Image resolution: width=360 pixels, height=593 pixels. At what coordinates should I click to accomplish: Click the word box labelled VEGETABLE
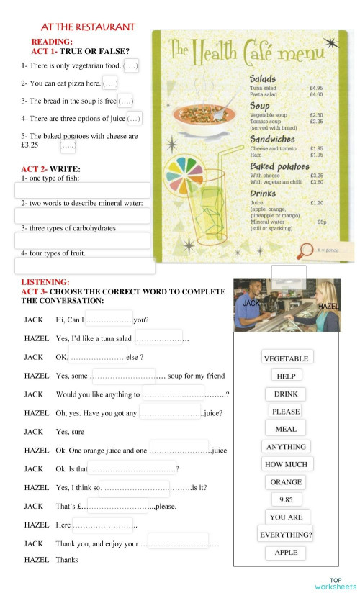pos(286,358)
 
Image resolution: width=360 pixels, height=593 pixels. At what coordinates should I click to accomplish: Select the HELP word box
pos(286,376)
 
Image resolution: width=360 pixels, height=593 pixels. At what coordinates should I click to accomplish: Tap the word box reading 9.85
pos(286,499)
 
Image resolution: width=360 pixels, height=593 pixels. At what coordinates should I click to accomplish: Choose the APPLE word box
pos(286,553)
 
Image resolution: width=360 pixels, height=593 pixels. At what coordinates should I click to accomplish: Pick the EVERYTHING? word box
pos(285,535)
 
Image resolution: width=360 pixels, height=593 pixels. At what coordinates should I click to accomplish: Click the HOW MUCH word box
pos(286,464)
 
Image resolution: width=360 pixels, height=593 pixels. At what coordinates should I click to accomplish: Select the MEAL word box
pos(286,429)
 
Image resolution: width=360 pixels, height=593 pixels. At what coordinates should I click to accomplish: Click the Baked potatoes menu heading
pos(279,166)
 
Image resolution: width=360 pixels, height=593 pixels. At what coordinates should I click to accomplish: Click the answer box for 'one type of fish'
pos(82,191)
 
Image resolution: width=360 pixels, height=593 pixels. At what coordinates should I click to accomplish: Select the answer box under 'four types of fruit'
pos(85,266)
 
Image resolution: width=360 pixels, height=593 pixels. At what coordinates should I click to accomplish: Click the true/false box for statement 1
pos(131,66)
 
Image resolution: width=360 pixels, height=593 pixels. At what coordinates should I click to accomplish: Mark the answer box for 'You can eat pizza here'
pos(110,83)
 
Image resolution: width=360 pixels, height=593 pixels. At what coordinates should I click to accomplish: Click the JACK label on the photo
pos(251,304)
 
